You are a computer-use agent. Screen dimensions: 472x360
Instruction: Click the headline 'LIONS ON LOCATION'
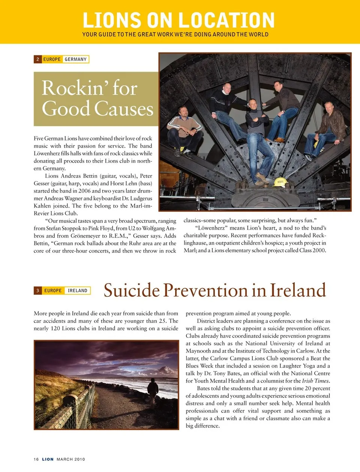pos(178,20)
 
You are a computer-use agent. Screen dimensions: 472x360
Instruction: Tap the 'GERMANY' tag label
pos(76,59)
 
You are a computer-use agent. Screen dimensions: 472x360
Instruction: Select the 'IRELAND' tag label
pos(78,291)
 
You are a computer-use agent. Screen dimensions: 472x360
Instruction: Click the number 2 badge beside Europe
pos(37,59)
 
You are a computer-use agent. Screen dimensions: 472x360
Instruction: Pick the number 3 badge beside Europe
pos(37,291)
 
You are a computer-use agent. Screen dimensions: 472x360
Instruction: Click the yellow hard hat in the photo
pos(279,182)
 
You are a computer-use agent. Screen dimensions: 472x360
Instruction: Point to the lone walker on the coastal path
pos(153,391)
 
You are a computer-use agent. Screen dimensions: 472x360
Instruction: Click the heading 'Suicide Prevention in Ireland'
pos(214,291)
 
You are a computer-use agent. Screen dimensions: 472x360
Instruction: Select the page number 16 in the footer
pos(36,459)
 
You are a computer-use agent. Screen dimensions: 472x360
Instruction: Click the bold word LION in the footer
pos(48,459)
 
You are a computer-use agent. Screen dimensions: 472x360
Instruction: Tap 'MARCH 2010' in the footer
pos(71,459)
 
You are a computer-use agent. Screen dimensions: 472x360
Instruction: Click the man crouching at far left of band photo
pos(184,129)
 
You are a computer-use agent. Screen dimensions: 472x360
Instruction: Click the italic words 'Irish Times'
pos(315,381)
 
